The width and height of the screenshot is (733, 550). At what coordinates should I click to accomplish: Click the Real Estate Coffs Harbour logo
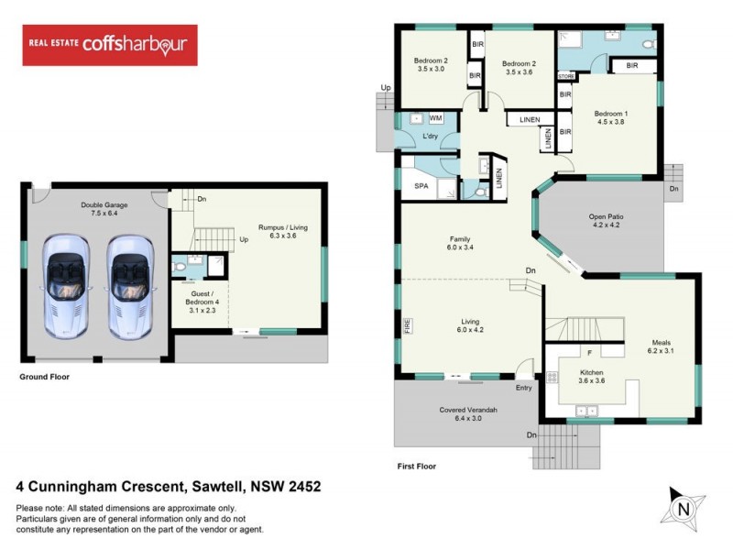109,45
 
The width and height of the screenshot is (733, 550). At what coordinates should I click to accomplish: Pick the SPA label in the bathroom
421,186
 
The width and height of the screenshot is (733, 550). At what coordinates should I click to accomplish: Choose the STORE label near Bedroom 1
565,76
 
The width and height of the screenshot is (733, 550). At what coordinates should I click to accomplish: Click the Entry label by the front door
523,389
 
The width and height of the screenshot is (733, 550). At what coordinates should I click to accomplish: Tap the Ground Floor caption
45,377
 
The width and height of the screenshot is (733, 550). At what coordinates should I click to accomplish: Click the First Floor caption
416,466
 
